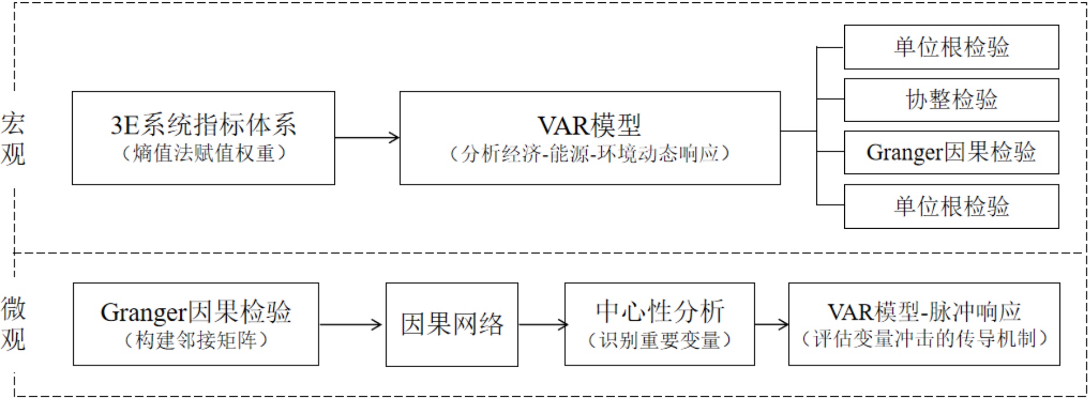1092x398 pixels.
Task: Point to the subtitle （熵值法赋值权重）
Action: tap(203, 154)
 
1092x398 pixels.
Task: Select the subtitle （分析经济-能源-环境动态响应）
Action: tap(590, 154)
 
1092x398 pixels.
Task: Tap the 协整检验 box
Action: tap(951, 99)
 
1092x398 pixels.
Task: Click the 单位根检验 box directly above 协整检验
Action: tap(951, 47)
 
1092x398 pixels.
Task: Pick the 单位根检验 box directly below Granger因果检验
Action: tap(951, 207)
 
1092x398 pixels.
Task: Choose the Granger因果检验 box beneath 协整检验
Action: tap(951, 152)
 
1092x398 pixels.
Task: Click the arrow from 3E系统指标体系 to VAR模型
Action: tap(367, 138)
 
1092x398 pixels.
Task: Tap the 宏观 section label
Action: tap(13, 139)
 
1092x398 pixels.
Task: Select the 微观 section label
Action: tap(13, 324)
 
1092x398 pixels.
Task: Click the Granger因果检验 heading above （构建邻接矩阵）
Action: tap(195, 312)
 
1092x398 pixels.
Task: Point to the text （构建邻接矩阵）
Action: tap(195, 340)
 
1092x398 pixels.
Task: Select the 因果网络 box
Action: tap(452, 324)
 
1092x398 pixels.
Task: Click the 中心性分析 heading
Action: tap(659, 312)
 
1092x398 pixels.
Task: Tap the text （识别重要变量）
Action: tap(659, 340)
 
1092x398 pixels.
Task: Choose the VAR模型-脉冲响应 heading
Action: tap(924, 312)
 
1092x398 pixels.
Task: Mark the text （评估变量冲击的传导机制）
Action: tap(924, 339)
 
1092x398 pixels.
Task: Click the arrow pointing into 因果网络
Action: tap(351, 325)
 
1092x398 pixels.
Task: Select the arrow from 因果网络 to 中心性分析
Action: tap(541, 325)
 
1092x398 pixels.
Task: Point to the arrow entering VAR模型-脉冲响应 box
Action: tap(771, 325)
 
